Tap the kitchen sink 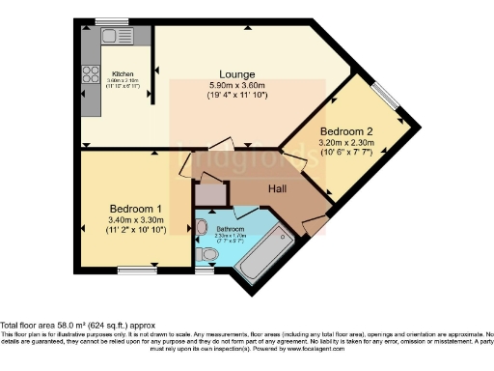click(x=115, y=36)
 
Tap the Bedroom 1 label click(x=135, y=209)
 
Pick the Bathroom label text click(x=230, y=228)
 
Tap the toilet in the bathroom click(x=206, y=254)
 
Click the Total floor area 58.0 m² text click(x=77, y=326)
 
